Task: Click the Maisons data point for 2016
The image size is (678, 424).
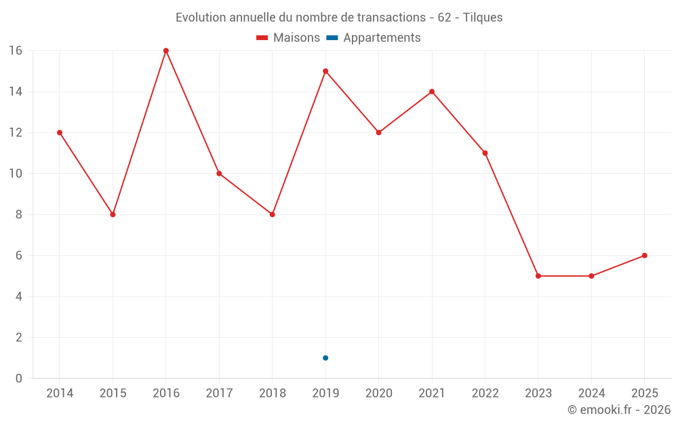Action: coord(166,51)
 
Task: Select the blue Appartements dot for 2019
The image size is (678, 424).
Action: coord(325,358)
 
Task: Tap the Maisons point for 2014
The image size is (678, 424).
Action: coord(60,132)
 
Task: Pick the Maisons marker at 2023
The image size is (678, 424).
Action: coord(538,276)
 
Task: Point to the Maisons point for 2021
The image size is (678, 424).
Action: coord(432,92)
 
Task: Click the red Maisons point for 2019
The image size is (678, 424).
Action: coord(325,71)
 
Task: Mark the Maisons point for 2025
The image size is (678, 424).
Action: coord(644,256)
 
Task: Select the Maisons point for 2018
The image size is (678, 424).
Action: coord(273,214)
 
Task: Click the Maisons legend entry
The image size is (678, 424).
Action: coord(288,38)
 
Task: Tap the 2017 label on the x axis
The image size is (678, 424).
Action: coord(219,393)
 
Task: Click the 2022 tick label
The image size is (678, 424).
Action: coord(485,393)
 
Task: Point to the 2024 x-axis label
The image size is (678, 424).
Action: coord(591,393)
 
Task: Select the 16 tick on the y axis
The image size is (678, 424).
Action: coord(15,51)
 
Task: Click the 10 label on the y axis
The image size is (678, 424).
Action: coord(15,174)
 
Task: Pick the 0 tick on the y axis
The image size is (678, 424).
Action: coord(19,379)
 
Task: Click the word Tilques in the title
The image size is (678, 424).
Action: coord(483,18)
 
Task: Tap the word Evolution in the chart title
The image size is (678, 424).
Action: coord(201,18)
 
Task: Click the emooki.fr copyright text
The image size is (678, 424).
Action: coord(619,410)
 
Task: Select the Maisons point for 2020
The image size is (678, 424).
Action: coord(378,132)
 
